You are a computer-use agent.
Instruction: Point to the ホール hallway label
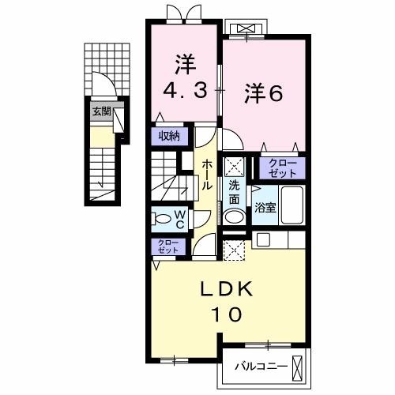point(206,174)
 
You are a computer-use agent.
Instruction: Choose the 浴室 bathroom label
point(265,208)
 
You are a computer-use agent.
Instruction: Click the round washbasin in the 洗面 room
point(234,216)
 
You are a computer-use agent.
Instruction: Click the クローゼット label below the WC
point(167,246)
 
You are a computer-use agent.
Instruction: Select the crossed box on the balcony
point(298,367)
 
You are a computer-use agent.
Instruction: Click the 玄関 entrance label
point(100,111)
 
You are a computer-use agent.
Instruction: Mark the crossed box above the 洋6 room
point(245,30)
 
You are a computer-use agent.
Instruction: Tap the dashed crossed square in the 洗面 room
point(234,167)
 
